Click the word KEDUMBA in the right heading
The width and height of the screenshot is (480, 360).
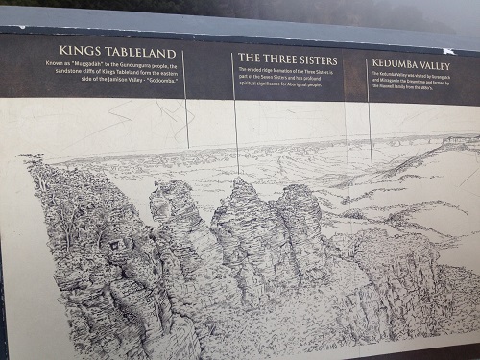pos(396,65)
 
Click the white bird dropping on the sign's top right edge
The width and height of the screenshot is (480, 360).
pos(448,50)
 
